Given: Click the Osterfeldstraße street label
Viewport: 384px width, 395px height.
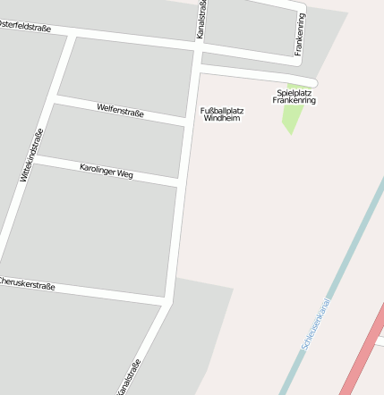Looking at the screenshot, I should [25, 28].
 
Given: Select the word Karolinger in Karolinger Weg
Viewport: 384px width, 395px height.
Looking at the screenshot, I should [97, 168].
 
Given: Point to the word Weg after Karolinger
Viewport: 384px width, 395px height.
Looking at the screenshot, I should [124, 174].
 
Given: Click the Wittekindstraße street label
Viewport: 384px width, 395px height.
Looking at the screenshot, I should [32, 155].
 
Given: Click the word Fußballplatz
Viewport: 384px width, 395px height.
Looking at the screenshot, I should [221, 110].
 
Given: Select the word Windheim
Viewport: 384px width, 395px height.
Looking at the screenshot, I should [222, 118].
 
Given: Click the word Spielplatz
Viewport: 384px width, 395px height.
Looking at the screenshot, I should [294, 92].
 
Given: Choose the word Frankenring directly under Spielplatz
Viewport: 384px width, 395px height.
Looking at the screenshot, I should [294, 101].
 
